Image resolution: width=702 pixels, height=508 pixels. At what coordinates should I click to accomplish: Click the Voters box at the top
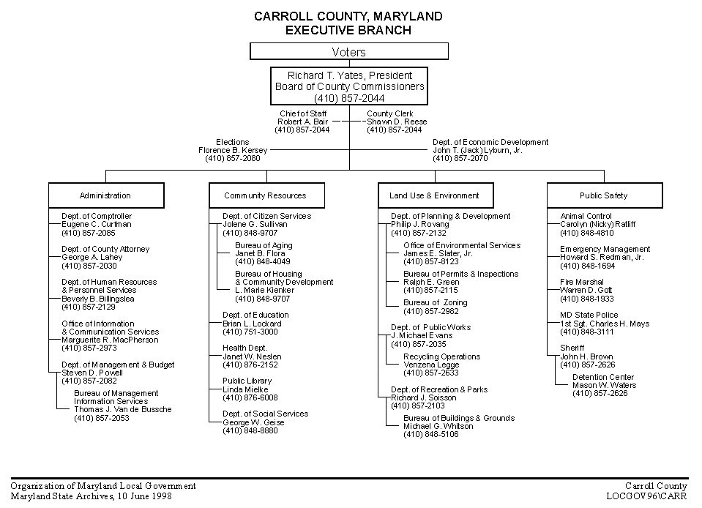pyautogui.click(x=348, y=51)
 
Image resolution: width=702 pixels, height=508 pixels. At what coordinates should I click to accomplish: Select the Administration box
pyautogui.click(x=106, y=195)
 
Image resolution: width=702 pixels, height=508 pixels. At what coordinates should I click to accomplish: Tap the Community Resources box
pyautogui.click(x=267, y=195)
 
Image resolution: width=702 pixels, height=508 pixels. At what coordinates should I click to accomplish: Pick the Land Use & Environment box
pyautogui.click(x=436, y=195)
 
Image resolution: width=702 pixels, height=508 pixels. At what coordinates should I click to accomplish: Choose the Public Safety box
pyautogui.click(x=605, y=195)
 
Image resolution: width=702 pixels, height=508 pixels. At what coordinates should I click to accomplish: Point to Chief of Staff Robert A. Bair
pyautogui.click(x=302, y=122)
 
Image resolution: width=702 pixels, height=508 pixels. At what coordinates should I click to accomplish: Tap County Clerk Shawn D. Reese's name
pyautogui.click(x=397, y=122)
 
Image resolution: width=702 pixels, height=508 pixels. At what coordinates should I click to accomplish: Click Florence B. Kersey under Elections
pyautogui.click(x=233, y=150)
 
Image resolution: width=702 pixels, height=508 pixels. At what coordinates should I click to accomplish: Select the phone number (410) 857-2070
pyautogui.click(x=460, y=158)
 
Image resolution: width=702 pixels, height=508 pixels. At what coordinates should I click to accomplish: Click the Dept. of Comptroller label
pyautogui.click(x=97, y=216)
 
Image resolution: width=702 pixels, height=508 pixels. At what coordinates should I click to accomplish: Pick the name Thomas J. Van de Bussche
pyautogui.click(x=123, y=409)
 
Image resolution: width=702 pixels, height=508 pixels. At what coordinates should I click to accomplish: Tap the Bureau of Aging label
pyautogui.click(x=264, y=245)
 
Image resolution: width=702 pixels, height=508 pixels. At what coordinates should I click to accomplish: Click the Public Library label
pyautogui.click(x=247, y=381)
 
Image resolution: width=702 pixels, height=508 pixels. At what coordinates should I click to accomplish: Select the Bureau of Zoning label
pyautogui.click(x=435, y=302)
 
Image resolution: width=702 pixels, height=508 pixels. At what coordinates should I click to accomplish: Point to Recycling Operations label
pyautogui.click(x=442, y=356)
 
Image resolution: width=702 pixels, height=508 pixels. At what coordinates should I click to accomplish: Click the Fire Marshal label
pyautogui.click(x=581, y=282)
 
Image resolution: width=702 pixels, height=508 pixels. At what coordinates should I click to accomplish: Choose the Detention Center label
pyautogui.click(x=603, y=377)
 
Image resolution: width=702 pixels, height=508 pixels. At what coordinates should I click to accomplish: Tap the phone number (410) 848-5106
pyautogui.click(x=431, y=435)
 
